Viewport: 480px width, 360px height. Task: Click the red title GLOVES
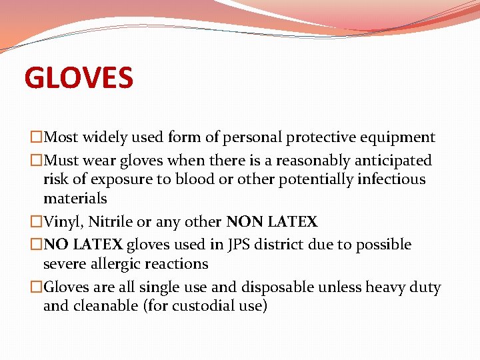(79, 77)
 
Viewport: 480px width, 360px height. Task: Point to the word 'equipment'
(402, 138)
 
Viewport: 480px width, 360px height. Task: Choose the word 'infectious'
(391, 179)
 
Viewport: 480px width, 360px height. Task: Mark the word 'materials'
(75, 199)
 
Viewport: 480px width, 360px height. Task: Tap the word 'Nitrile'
(111, 222)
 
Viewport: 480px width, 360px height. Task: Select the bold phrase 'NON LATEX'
(272, 222)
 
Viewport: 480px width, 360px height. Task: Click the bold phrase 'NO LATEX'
(83, 245)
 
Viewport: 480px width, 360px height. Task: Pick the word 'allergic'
(116, 264)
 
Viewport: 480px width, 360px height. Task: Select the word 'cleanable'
(104, 307)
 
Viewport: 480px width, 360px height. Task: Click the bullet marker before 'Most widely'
(36, 138)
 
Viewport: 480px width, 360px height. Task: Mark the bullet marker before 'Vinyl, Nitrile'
(36, 222)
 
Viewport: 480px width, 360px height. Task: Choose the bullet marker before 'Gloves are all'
(36, 288)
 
